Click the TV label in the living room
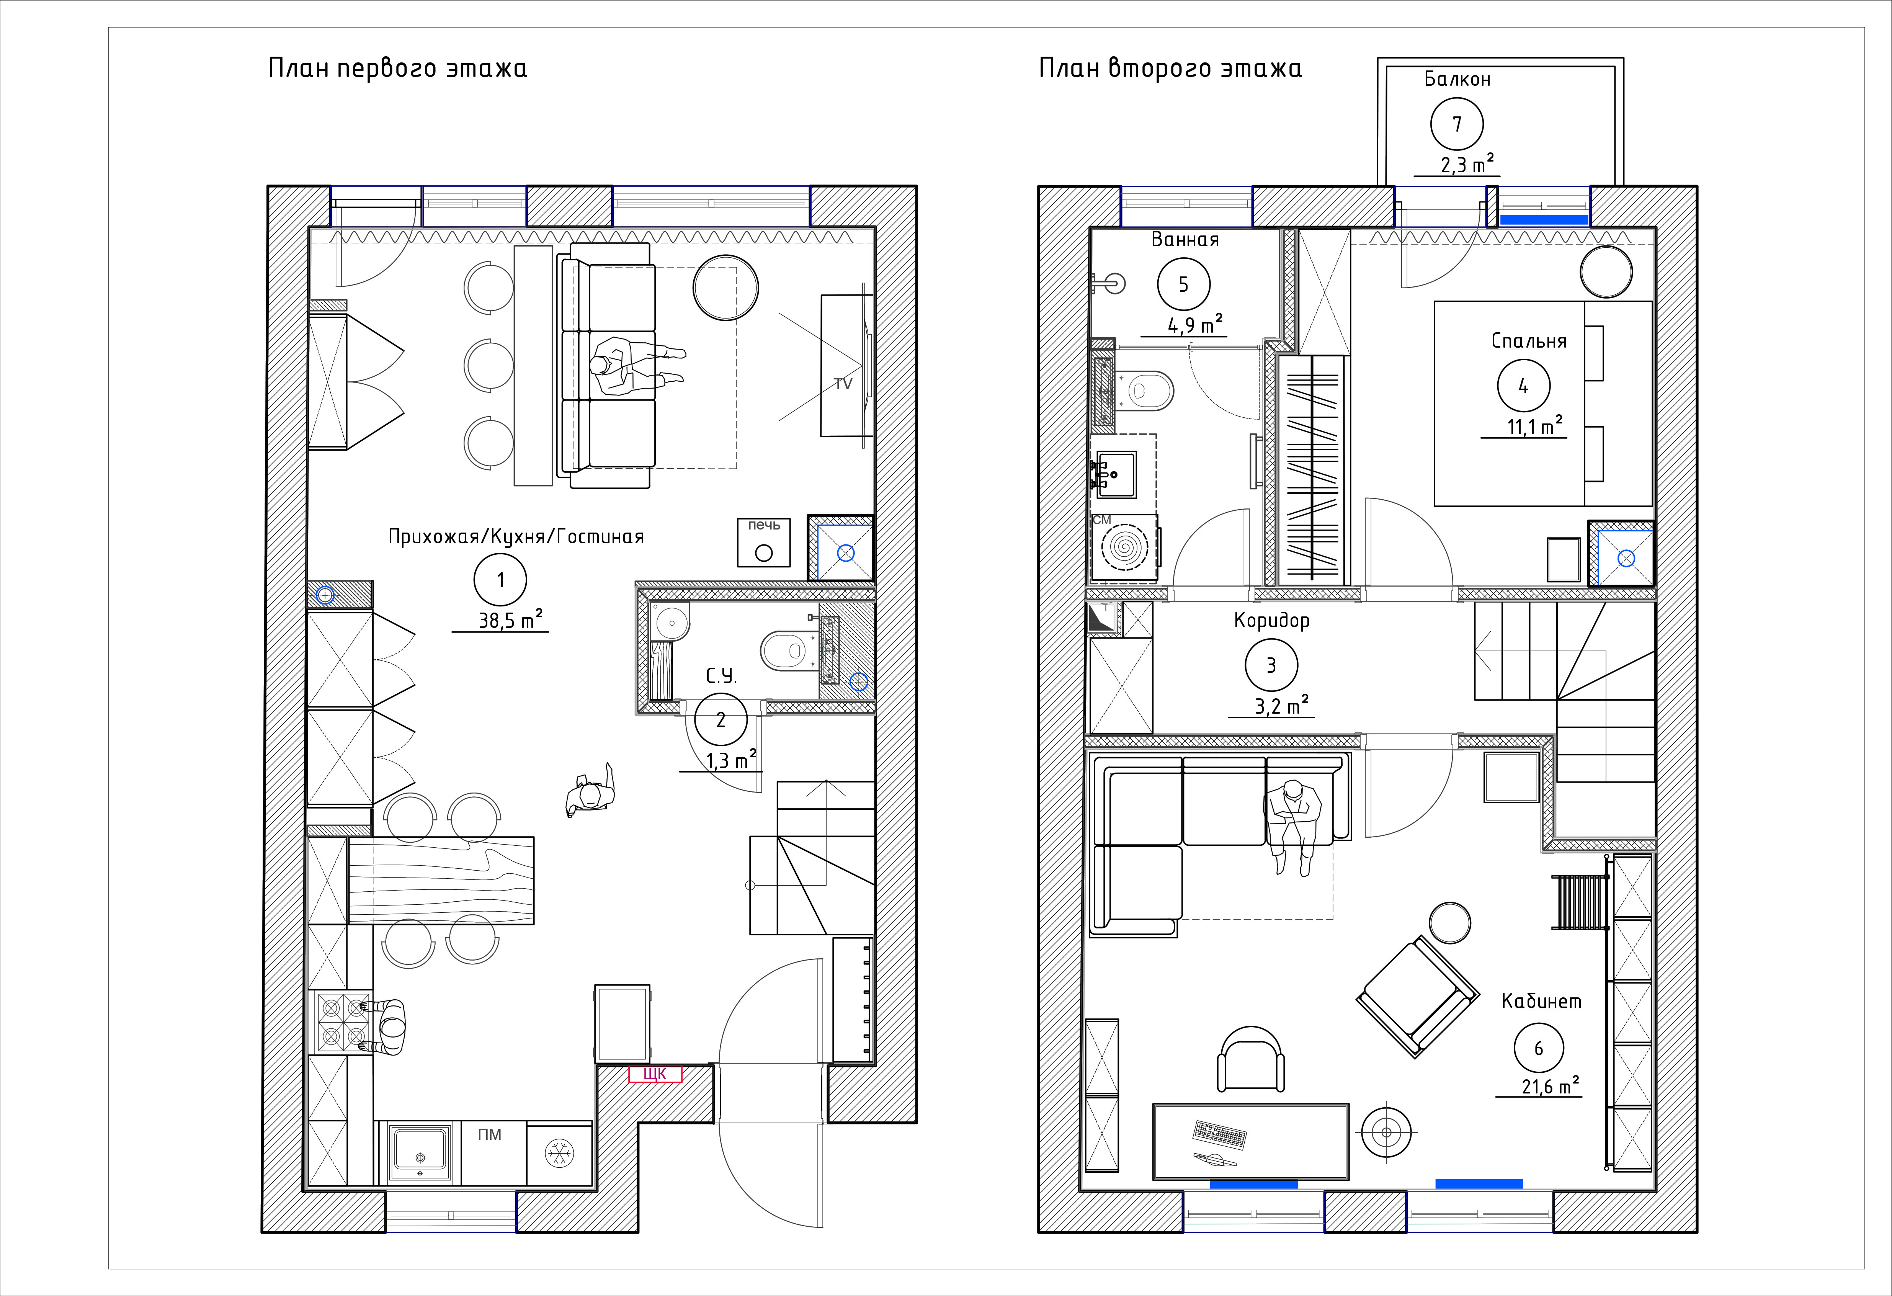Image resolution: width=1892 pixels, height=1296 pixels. [843, 383]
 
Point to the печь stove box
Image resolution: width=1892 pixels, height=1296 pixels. [764, 542]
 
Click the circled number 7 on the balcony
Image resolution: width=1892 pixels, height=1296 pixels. [1456, 124]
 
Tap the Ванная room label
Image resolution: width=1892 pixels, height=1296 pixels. [1185, 239]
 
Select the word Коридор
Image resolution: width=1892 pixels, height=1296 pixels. [1272, 620]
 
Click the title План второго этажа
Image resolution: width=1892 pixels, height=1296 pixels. [1170, 69]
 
